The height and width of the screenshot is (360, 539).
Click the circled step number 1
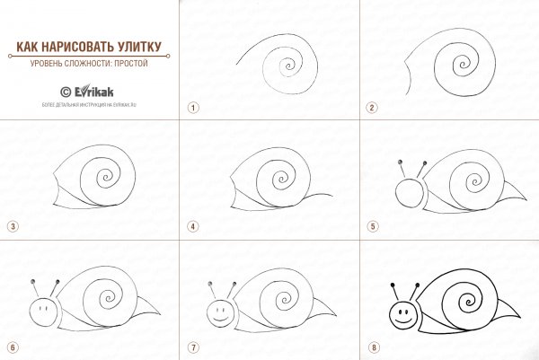click(x=192, y=107)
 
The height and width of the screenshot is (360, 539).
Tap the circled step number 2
click(x=371, y=107)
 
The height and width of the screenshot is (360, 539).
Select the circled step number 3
click(x=13, y=226)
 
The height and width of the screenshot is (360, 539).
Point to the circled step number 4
click(x=192, y=226)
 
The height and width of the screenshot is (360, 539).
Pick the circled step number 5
click(x=371, y=226)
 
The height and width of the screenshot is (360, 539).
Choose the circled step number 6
click(x=13, y=346)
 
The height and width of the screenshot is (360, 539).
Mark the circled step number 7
click(x=192, y=346)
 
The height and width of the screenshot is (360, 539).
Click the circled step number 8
click(x=371, y=346)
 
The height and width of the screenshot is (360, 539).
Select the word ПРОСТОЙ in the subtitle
click(x=128, y=64)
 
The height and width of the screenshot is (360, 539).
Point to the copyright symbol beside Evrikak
click(x=65, y=90)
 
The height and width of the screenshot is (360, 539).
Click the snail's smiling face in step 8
click(x=404, y=315)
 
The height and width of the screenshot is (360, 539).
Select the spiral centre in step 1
click(x=288, y=64)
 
